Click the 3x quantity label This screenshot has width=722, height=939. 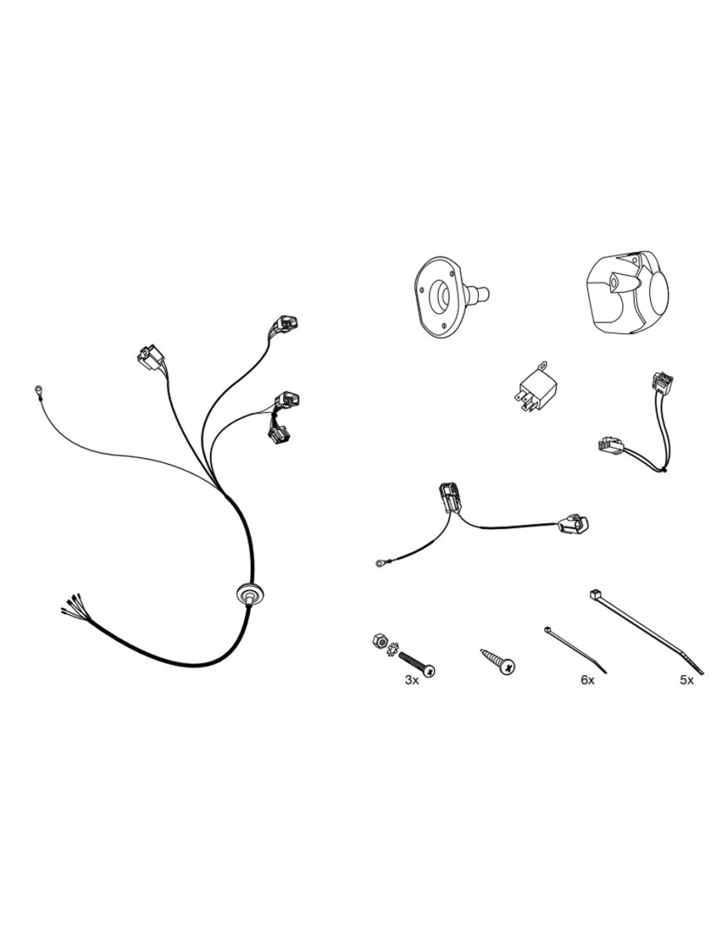point(412,680)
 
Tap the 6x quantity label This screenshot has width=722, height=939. point(588,680)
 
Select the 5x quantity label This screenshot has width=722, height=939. point(686,680)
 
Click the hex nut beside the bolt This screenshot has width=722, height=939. point(379,641)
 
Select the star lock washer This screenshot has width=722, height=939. point(393,648)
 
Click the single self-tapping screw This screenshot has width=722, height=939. point(498,661)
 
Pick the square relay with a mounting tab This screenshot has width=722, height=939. point(534,389)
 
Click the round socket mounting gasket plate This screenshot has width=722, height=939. point(450,296)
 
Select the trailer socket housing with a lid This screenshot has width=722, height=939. point(623,291)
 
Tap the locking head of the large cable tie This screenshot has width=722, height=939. point(597,595)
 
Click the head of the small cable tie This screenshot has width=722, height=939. point(548,629)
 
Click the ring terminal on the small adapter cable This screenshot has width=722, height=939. point(379,562)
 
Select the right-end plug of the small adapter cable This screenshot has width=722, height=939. point(573,524)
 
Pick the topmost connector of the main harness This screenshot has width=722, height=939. point(285,325)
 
